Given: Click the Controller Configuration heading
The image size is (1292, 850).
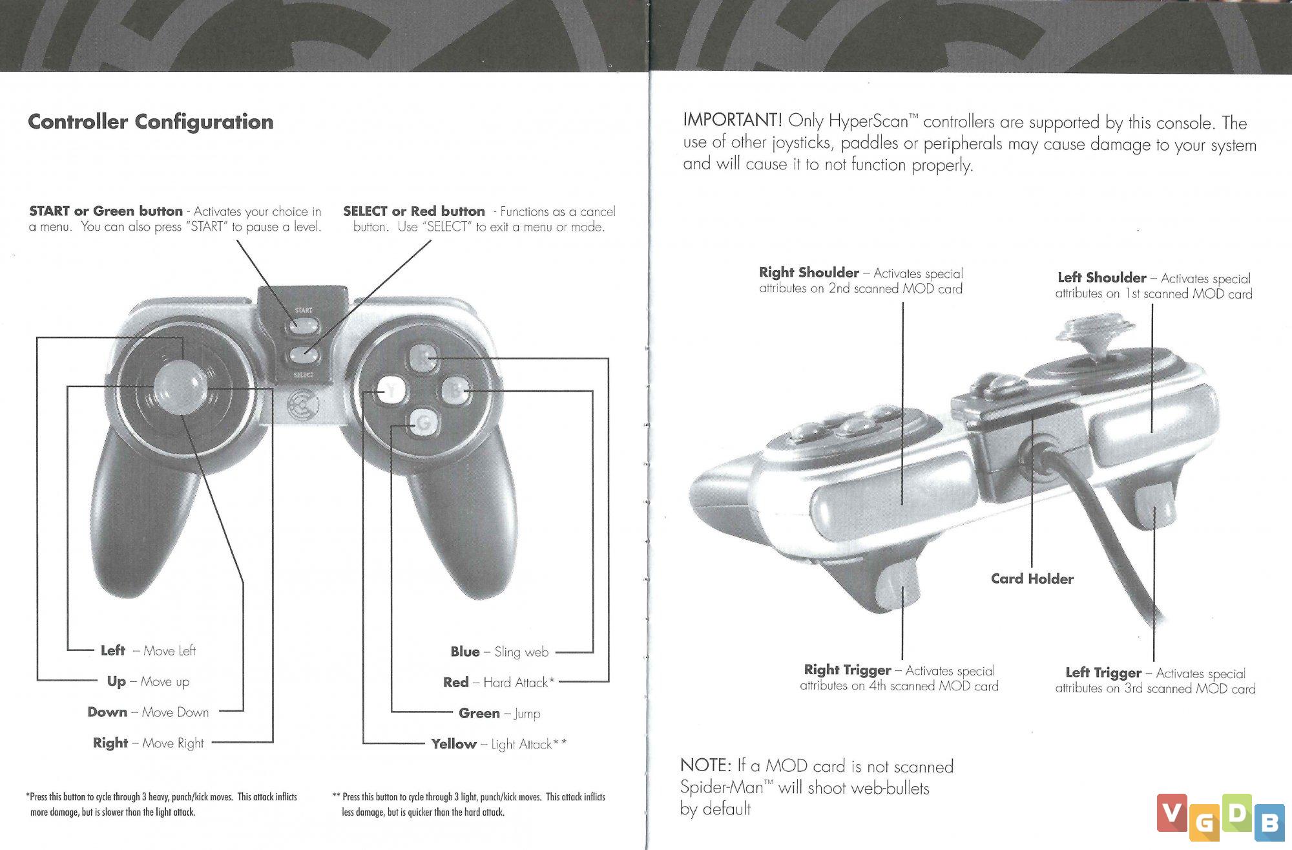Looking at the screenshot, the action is (151, 122).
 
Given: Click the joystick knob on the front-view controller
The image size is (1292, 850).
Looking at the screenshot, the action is (180, 387).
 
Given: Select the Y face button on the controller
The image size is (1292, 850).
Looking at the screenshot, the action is (391, 390).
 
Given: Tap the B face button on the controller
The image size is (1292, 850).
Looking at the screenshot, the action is (456, 390).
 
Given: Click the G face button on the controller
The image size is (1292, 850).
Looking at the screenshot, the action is (423, 423).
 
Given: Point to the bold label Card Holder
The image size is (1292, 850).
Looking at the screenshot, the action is (1032, 579).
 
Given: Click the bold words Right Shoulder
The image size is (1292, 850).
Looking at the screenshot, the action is (809, 273).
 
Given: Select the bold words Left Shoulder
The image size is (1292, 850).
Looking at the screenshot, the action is (1101, 278).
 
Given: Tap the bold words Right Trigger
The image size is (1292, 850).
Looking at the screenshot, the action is (848, 670).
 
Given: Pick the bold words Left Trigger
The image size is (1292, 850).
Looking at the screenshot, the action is (1103, 673).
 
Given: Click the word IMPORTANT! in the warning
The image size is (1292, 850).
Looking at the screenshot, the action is (733, 120).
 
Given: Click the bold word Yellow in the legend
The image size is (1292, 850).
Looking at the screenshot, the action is (453, 744).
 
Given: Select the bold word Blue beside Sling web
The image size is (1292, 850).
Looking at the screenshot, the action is (465, 652).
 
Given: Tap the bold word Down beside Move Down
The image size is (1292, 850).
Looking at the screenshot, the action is (107, 712).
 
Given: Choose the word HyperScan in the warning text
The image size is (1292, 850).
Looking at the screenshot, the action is (869, 121).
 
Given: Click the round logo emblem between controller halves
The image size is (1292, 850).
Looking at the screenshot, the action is (302, 405).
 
